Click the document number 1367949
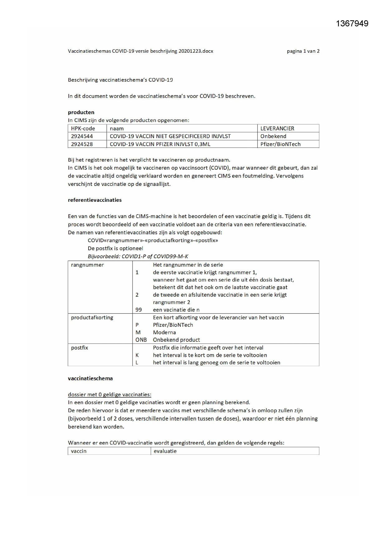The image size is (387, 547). click(352, 23)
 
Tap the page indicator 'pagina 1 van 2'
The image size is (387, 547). click(303, 51)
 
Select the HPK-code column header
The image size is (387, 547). click(83, 128)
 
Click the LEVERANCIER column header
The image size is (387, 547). click(277, 128)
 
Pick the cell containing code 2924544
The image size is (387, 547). click(82, 136)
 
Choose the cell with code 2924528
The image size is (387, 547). click(82, 144)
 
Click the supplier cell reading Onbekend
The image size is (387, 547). click(273, 136)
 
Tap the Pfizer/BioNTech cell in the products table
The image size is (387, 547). click(280, 144)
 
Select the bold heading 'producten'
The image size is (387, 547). click(81, 112)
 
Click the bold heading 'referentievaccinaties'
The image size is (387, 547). click(95, 200)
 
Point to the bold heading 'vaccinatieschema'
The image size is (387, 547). click(90, 378)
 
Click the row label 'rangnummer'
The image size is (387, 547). click(87, 265)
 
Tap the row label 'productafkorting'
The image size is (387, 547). click(92, 317)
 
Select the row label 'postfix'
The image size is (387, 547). click(80, 348)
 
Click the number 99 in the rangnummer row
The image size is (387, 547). click(138, 310)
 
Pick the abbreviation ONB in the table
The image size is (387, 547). click(141, 340)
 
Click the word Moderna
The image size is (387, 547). click(164, 332)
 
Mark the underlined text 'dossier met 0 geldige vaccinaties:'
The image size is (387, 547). click(109, 395)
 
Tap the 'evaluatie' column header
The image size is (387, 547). click(165, 451)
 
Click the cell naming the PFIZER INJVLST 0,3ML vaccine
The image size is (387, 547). click(160, 144)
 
